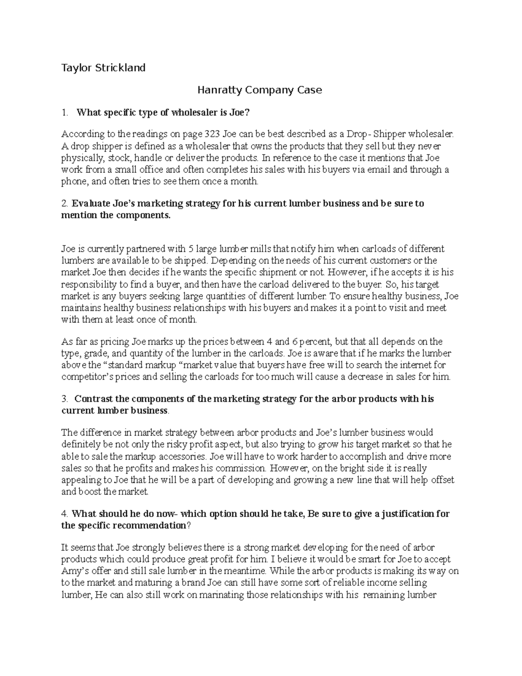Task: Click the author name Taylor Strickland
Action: click(x=103, y=68)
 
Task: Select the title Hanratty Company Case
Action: click(x=259, y=90)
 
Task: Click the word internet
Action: click(x=412, y=365)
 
